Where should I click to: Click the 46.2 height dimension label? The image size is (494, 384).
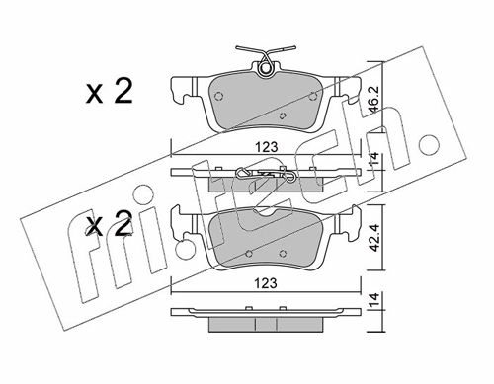pyautogui.click(x=374, y=99)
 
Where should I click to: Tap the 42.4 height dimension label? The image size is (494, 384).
pyautogui.click(x=374, y=239)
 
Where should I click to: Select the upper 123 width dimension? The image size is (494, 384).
pyautogui.click(x=267, y=147)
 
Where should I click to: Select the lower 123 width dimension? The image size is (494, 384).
pyautogui.click(x=267, y=283)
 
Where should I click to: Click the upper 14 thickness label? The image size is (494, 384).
pyautogui.click(x=374, y=161)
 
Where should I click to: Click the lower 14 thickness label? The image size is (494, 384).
pyautogui.click(x=374, y=300)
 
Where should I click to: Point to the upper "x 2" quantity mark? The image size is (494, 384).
pyautogui.click(x=109, y=92)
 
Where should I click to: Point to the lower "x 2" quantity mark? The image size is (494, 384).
pyautogui.click(x=109, y=223)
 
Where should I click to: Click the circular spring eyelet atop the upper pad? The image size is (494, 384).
pyautogui.click(x=266, y=68)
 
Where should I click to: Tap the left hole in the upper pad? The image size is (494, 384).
pyautogui.click(x=218, y=96)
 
